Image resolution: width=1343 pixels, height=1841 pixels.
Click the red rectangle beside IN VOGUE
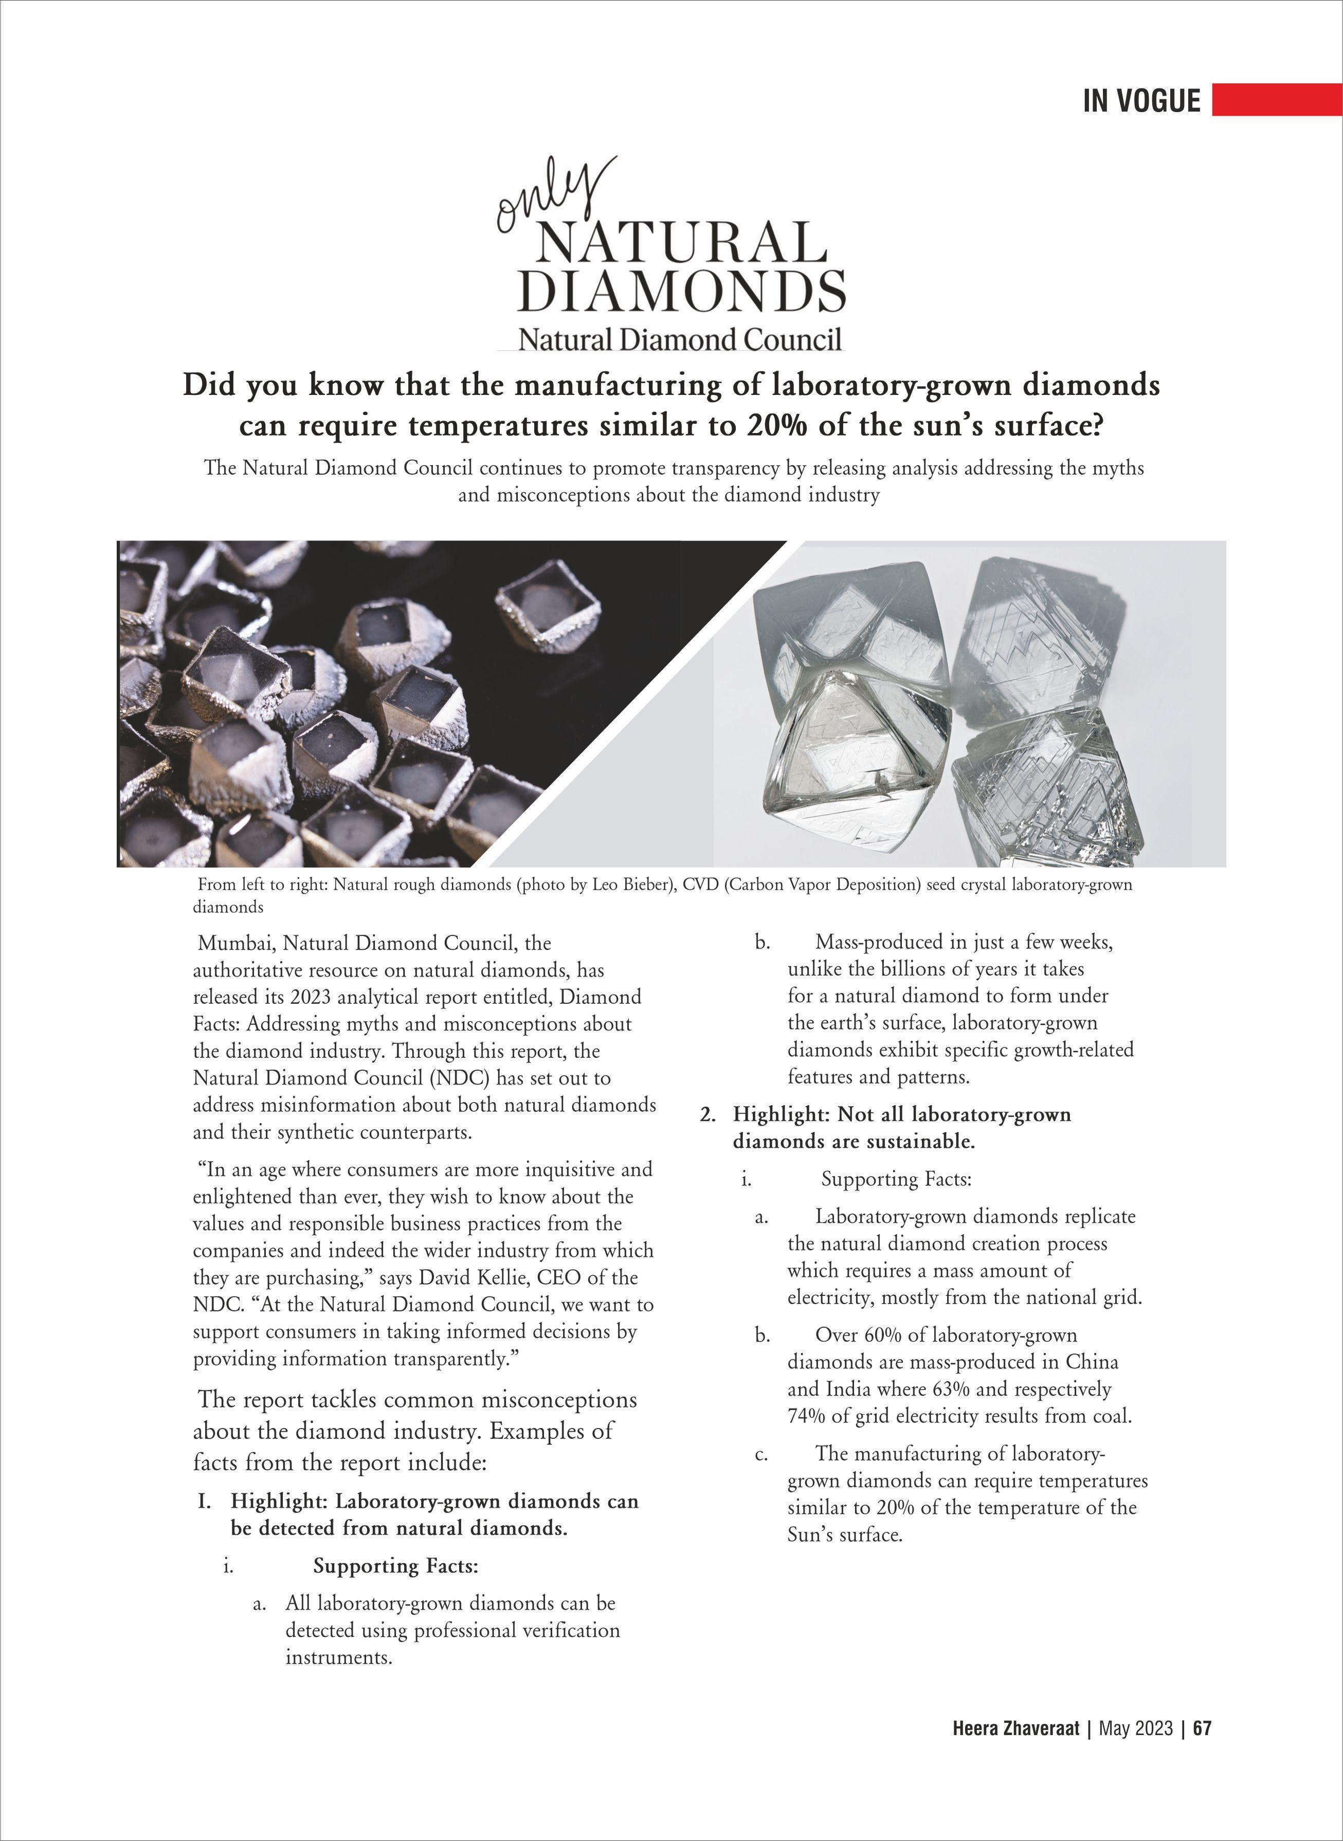tap(1276, 99)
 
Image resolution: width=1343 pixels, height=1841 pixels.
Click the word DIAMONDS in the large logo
tap(681, 291)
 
